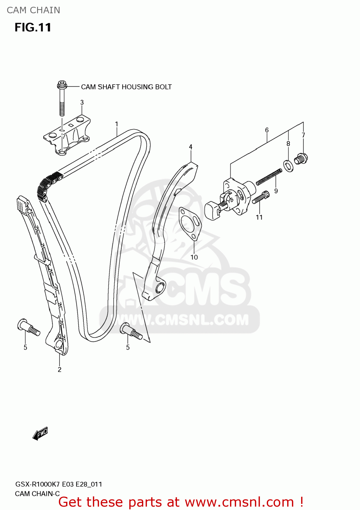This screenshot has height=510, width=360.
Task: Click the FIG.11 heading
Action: (x=33, y=28)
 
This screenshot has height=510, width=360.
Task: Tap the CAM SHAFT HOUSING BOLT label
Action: (x=126, y=87)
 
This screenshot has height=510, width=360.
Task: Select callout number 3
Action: (x=82, y=102)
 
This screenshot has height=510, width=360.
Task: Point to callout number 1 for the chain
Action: (x=117, y=124)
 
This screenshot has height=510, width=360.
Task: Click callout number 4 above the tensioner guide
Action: (x=191, y=147)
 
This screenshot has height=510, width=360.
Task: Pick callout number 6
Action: (x=267, y=130)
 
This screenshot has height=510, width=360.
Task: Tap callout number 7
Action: (x=303, y=135)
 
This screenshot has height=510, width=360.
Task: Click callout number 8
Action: (x=288, y=143)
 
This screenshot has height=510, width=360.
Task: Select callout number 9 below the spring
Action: (x=276, y=191)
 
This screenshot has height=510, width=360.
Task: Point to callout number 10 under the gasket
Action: (x=194, y=257)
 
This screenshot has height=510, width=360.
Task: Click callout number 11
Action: (x=259, y=217)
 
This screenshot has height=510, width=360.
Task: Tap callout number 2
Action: (x=60, y=370)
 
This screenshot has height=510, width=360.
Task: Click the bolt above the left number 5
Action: (x=28, y=327)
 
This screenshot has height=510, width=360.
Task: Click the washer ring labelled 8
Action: (x=289, y=165)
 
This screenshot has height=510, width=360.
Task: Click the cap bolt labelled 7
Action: (x=301, y=159)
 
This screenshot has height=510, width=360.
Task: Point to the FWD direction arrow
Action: (x=40, y=434)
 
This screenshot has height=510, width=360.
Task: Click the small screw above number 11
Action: (x=261, y=198)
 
